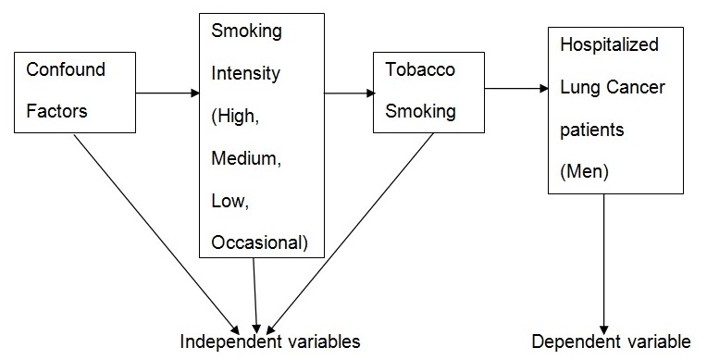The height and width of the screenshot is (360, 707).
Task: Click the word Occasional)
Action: pos(259,243)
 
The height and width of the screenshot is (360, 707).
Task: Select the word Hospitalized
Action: pos(601,43)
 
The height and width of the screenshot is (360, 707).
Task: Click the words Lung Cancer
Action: pos(603,88)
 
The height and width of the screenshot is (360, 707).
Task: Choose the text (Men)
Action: pos(582,171)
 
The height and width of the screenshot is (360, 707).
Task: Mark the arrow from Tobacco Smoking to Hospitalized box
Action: pos(515,89)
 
